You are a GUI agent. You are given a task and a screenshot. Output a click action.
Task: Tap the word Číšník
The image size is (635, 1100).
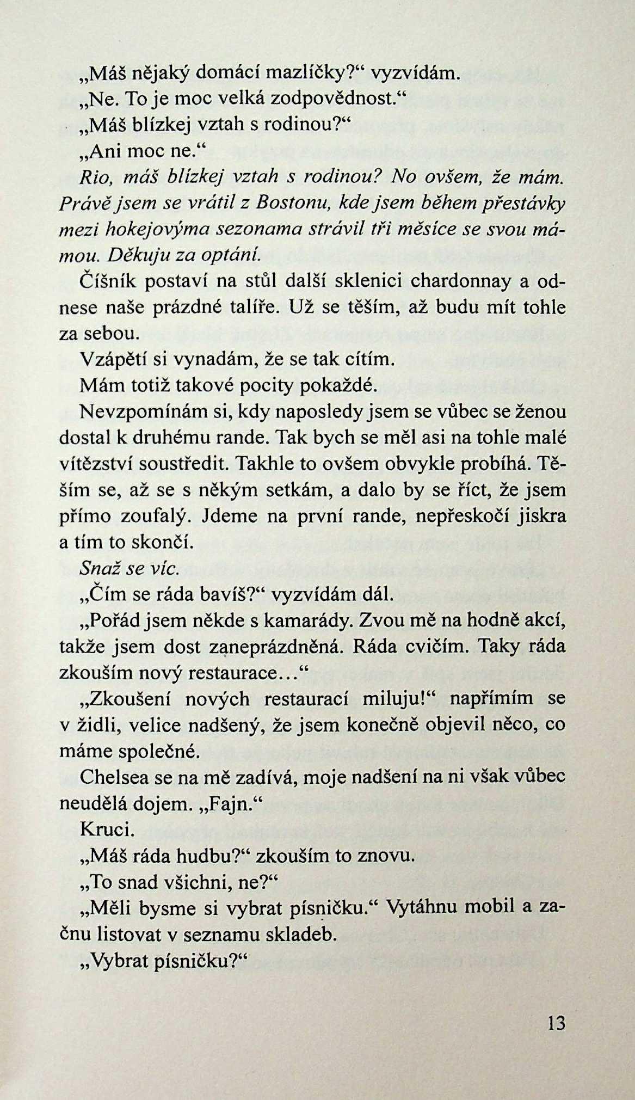[106, 281]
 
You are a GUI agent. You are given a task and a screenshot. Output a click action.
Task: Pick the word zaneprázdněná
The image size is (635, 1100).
[275, 647]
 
